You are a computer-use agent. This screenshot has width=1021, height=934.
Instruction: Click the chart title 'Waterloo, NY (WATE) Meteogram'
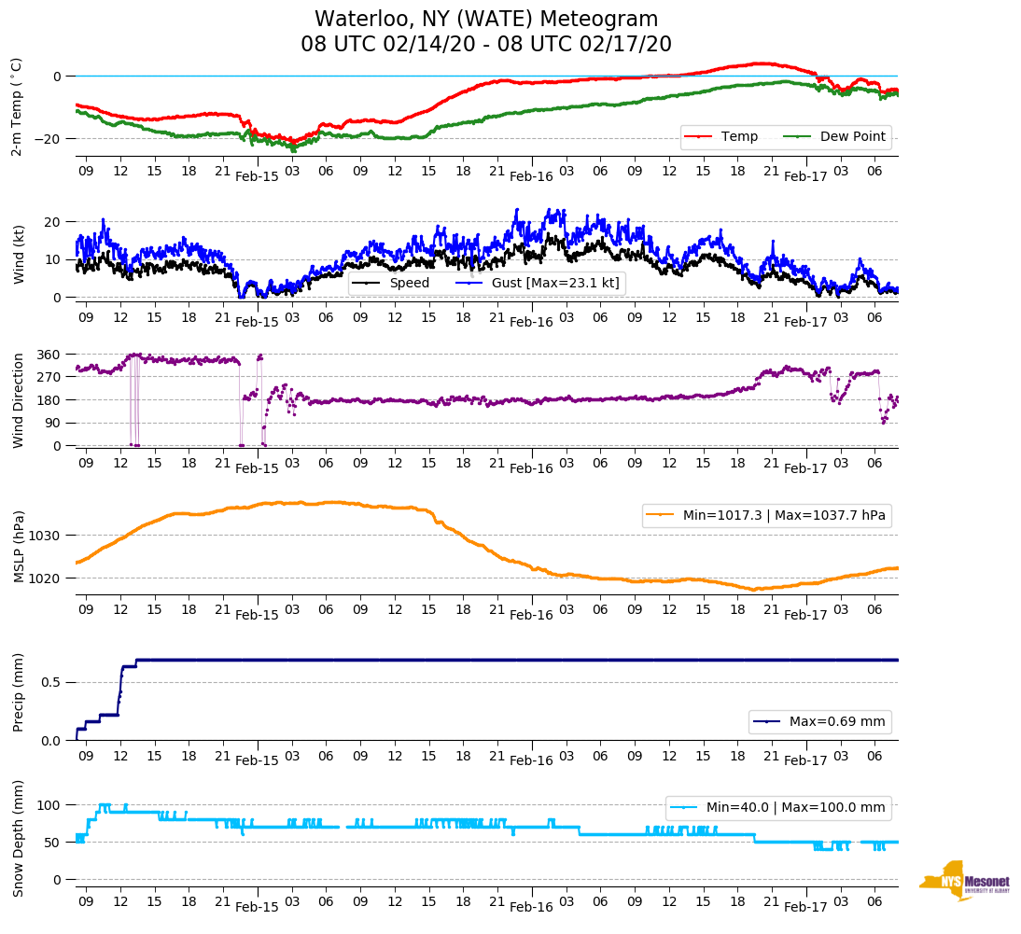(486, 20)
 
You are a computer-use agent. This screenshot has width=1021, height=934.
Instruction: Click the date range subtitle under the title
(486, 45)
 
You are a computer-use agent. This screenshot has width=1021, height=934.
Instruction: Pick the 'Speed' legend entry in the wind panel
(409, 283)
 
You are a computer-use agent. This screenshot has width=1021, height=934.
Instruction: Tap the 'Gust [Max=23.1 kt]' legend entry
(554, 283)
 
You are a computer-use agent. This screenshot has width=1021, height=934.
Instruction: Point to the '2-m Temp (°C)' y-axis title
(17, 105)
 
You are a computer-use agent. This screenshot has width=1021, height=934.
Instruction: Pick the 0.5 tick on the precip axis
(52, 682)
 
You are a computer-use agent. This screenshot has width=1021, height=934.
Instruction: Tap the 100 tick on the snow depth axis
(49, 804)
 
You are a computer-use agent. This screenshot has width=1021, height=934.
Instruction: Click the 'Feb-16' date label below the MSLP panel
(531, 616)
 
